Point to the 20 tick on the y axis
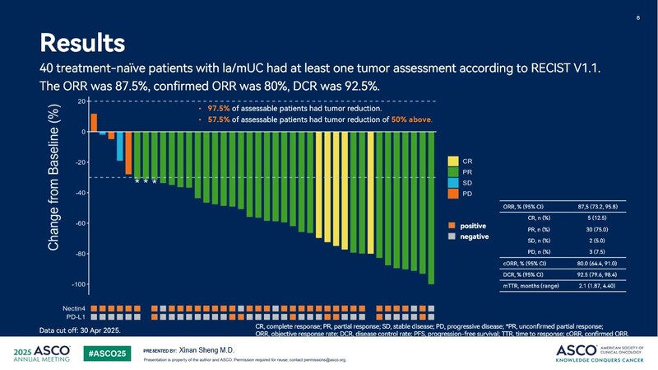[79, 101]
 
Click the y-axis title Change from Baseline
[54, 178]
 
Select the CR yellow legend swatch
[453, 160]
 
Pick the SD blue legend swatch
[453, 182]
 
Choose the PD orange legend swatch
[453, 194]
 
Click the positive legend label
[473, 226]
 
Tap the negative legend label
[475, 237]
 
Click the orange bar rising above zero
[95, 123]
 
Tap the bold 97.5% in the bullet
[219, 109]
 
